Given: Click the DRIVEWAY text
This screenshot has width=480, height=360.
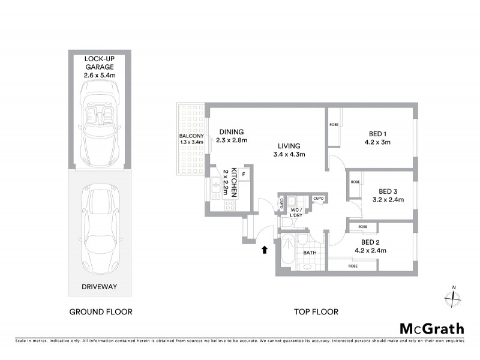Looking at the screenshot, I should (x=101, y=287).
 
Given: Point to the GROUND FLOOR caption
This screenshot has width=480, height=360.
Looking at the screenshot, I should (x=101, y=312).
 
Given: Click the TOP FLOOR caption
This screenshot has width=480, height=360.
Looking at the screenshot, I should (x=316, y=312).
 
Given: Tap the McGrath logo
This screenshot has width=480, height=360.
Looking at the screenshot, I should (x=431, y=328).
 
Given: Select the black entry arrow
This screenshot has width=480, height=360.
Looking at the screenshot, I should (x=265, y=249).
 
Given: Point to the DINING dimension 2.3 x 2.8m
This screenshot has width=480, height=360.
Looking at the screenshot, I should (x=232, y=140).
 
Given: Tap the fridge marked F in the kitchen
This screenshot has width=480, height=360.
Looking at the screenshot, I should (x=244, y=174).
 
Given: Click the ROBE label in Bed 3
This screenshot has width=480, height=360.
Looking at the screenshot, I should (x=355, y=182).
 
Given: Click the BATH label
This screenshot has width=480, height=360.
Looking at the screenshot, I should (x=309, y=253).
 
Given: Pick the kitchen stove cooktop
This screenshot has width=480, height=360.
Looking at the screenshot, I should (x=230, y=205).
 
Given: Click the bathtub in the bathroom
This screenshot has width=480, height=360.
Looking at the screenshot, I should (x=286, y=253).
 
